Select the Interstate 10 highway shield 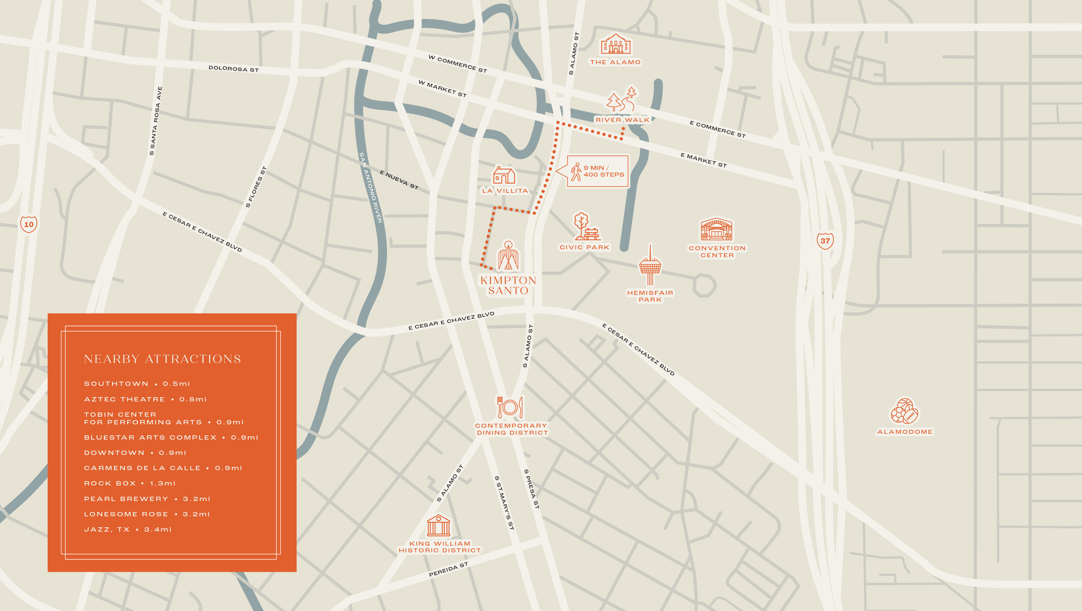pyautogui.click(x=29, y=224)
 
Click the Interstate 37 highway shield pyautogui.click(x=825, y=241)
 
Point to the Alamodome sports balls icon pyautogui.click(x=904, y=411)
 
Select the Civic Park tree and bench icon pyautogui.click(x=585, y=226)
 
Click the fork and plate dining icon pyautogui.click(x=510, y=407)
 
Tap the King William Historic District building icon pyautogui.click(x=439, y=525)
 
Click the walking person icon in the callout pyautogui.click(x=576, y=172)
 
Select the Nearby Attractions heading pyautogui.click(x=162, y=359)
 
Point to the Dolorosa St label pyautogui.click(x=233, y=68)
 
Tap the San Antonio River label pyautogui.click(x=371, y=187)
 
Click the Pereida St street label pyautogui.click(x=448, y=569)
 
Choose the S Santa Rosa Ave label pyautogui.click(x=155, y=121)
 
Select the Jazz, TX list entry pyautogui.click(x=128, y=529)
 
